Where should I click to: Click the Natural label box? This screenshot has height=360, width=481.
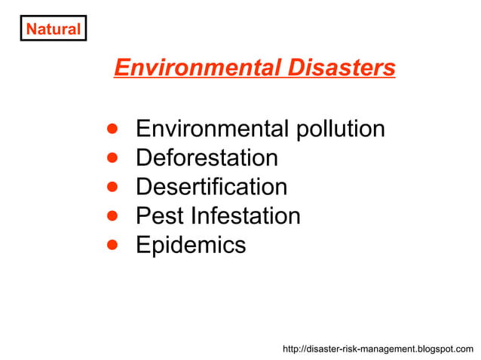pos(53,29)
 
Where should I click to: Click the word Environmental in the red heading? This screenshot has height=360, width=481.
pos(197,69)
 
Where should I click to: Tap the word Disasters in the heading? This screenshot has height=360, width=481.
pos(341,69)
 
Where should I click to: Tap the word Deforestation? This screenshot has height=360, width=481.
pos(207,158)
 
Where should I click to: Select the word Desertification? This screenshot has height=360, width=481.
pos(211,187)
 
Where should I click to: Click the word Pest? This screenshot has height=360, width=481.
pos(160,216)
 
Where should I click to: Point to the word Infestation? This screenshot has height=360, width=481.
pos(246,216)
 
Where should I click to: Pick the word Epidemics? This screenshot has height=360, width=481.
pos(191,246)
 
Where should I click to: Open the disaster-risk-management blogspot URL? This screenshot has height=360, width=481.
pos(378,349)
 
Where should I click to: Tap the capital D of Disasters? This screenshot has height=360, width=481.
pos(295,69)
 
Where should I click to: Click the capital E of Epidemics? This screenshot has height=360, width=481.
pos(142,246)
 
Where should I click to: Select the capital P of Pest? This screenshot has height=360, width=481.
pos(142,216)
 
